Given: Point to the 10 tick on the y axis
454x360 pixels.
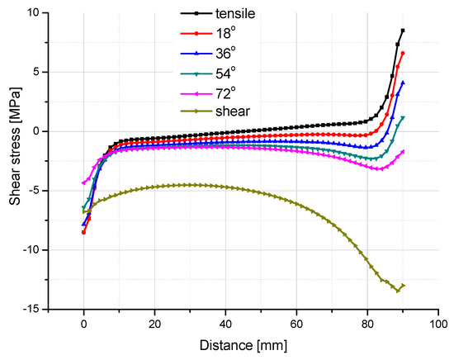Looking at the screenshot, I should pyautogui.click(x=34, y=12).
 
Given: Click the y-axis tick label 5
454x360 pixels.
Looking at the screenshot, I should pyautogui.click(x=37, y=72).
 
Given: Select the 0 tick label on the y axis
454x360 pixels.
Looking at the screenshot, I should pyautogui.click(x=37, y=131).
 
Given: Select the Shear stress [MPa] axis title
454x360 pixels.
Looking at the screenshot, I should pyautogui.click(x=12, y=161).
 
